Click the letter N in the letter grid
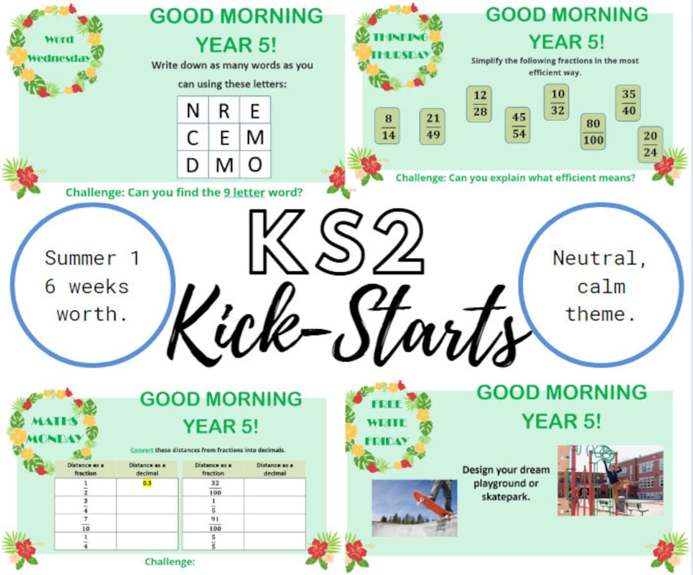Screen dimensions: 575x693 click(x=193, y=112)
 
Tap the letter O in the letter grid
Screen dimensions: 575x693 click(x=255, y=165)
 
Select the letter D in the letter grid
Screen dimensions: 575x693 click(x=193, y=165)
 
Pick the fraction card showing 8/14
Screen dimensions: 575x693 click(x=387, y=125)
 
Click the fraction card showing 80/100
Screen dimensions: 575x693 click(x=593, y=132)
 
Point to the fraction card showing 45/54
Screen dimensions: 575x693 click(x=518, y=124)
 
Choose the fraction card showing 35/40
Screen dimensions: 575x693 click(x=628, y=103)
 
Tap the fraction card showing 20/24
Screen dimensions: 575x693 click(x=650, y=144)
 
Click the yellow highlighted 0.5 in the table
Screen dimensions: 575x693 click(x=148, y=483)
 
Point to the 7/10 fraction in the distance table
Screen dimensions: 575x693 click(x=85, y=523)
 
